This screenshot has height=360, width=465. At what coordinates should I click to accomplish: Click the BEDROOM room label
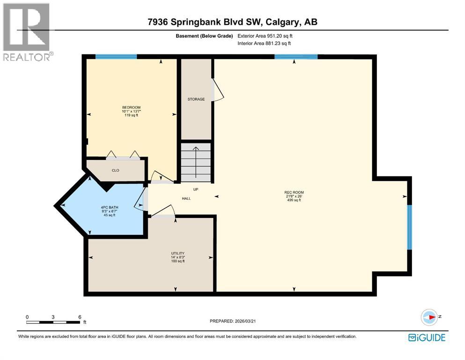point(131,107)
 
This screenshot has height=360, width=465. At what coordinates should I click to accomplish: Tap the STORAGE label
point(196,99)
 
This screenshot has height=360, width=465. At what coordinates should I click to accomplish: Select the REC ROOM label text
point(294,192)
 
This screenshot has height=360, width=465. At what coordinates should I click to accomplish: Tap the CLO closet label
point(115,170)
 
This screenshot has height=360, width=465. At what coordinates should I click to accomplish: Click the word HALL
point(186,198)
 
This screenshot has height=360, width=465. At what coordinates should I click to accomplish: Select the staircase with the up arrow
point(196,162)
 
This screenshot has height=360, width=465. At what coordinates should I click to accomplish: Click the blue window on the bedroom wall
point(116,57)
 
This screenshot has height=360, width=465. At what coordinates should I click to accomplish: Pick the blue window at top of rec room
point(296,57)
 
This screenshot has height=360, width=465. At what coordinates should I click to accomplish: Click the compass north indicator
point(429,317)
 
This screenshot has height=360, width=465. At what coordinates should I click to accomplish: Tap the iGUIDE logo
point(427,337)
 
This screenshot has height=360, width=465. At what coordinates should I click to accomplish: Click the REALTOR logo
point(26,31)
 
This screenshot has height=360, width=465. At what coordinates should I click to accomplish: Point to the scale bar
point(53,322)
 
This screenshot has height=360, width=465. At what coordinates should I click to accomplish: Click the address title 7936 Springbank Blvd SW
point(232,22)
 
